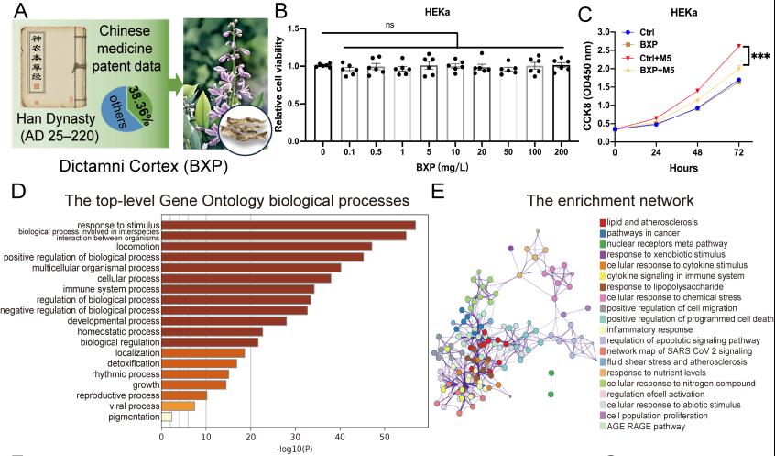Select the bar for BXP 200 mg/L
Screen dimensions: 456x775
(x=562, y=103)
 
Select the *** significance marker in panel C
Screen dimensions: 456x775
(x=759, y=58)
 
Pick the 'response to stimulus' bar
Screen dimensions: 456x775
(x=288, y=225)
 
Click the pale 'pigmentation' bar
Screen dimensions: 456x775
(x=166, y=417)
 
